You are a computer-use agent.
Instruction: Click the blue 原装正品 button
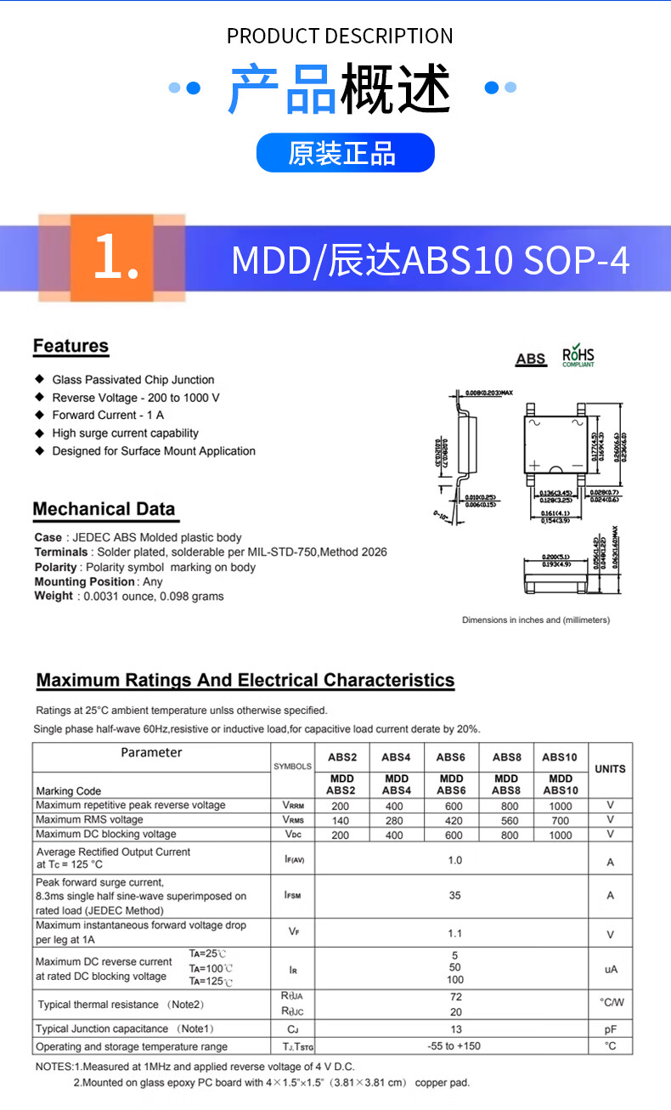click(x=345, y=153)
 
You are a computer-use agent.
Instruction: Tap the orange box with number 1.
click(x=111, y=258)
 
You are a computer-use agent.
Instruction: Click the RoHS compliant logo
click(x=578, y=357)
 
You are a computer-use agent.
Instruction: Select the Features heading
click(x=70, y=347)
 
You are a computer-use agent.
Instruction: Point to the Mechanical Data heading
click(x=104, y=510)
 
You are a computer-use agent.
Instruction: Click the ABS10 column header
click(x=560, y=756)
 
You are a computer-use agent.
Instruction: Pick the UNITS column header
click(x=610, y=769)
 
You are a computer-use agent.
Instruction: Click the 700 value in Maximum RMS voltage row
click(x=560, y=820)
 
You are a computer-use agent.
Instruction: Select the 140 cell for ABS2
click(x=341, y=820)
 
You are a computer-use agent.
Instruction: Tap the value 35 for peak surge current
click(x=455, y=895)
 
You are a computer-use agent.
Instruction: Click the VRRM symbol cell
click(x=293, y=806)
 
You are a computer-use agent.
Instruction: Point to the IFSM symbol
click(x=293, y=895)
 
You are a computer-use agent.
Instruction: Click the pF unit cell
click(x=610, y=1029)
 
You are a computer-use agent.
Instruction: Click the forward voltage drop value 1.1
click(x=455, y=933)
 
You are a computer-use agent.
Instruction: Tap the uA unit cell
click(x=610, y=969)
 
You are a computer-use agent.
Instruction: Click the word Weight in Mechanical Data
click(x=54, y=596)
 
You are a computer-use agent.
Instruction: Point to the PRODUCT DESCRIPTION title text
click(x=340, y=36)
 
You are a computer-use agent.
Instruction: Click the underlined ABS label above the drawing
click(x=531, y=360)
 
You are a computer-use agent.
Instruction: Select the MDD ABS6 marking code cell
click(x=451, y=784)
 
